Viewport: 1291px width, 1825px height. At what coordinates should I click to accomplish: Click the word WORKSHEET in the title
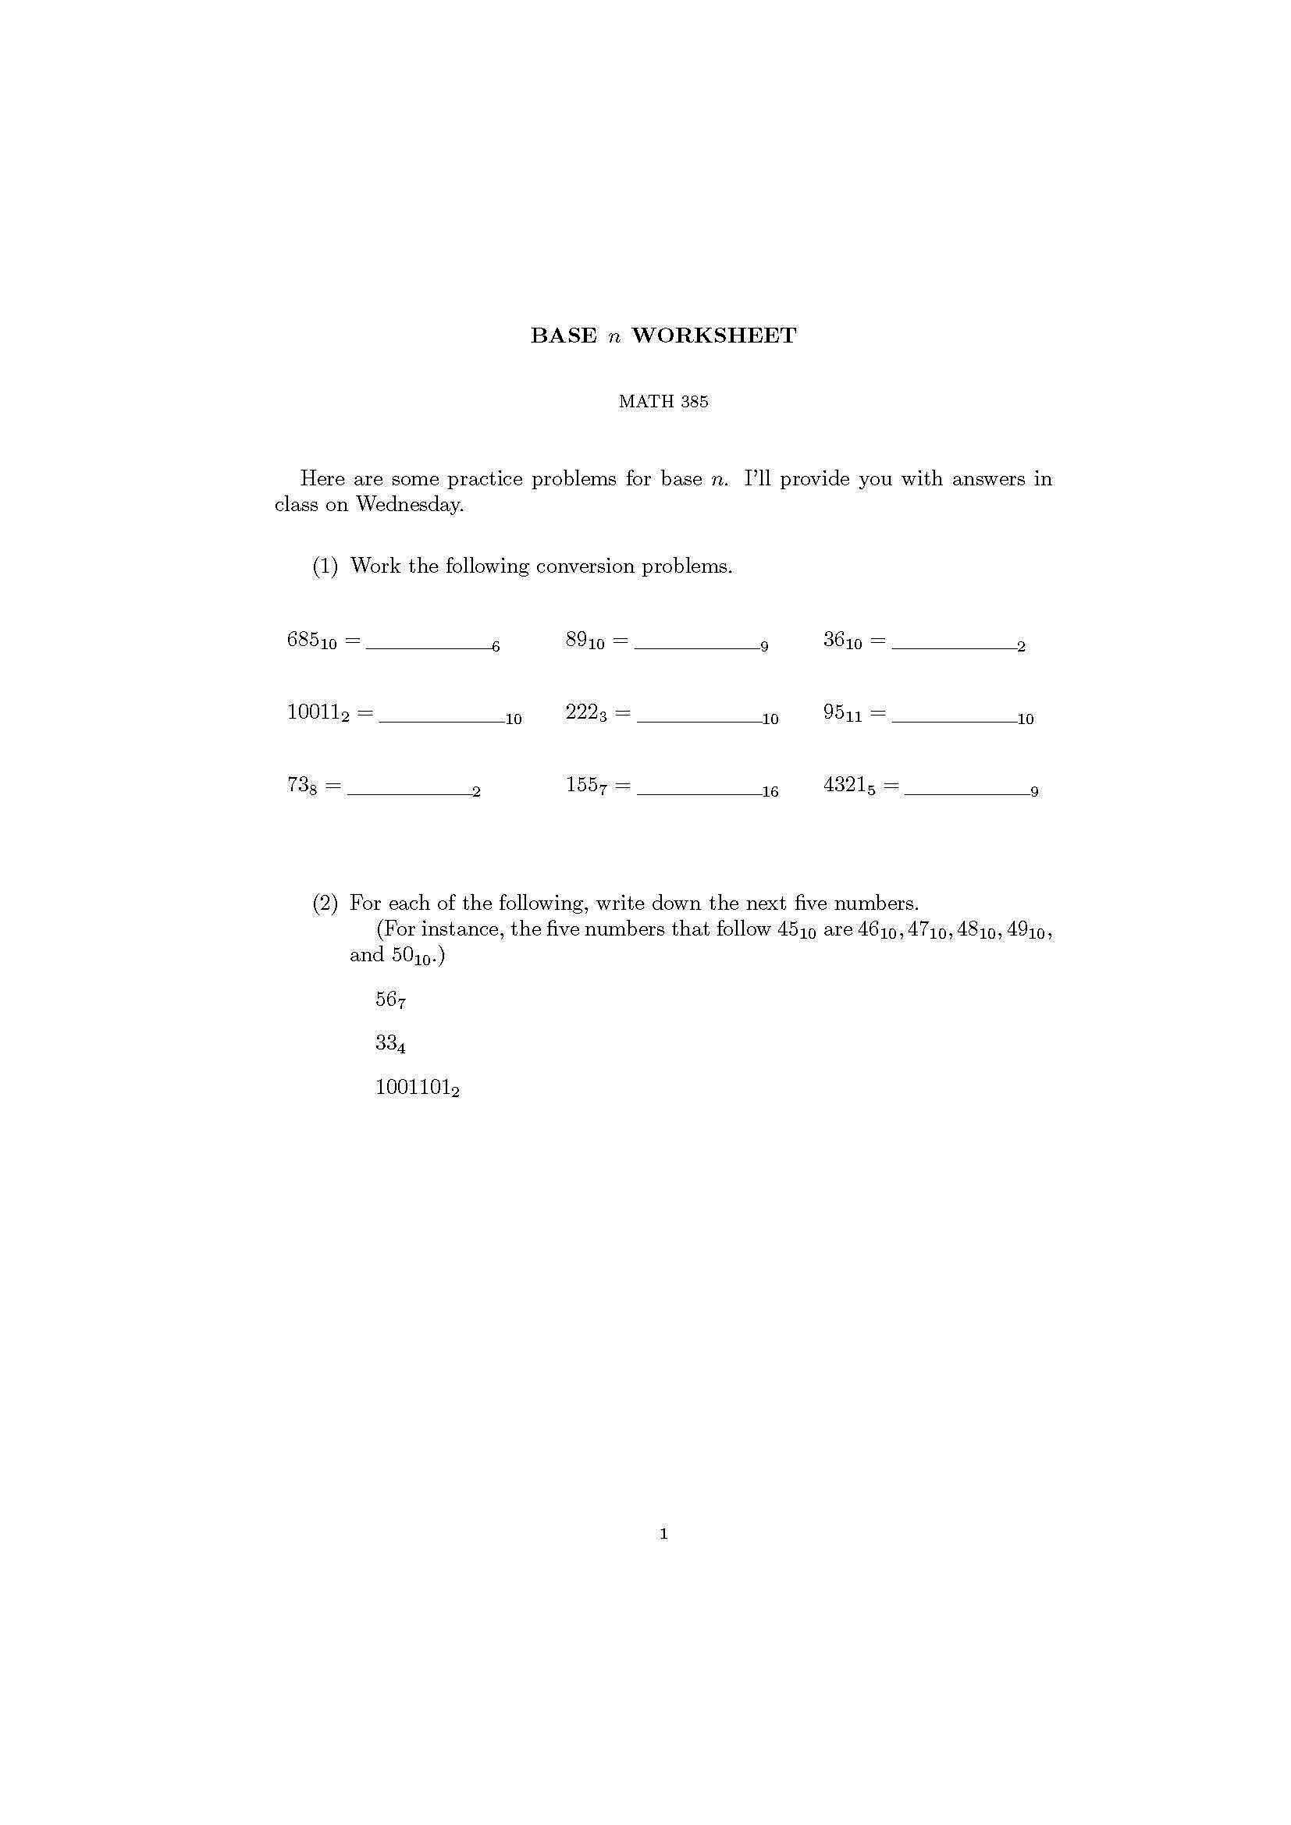tap(713, 336)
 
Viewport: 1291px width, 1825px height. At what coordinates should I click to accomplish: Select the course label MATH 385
tap(663, 401)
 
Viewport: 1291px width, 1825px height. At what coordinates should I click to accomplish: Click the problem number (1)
tap(325, 566)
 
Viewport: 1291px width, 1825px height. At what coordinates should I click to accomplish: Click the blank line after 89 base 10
tap(696, 647)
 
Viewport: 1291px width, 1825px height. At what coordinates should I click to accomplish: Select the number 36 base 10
tap(842, 640)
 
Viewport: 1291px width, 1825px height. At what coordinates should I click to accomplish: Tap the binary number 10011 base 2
tap(318, 712)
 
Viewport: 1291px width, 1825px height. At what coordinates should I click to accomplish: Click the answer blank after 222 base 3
tap(699, 719)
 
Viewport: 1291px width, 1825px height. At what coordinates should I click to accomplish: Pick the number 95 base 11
tap(842, 712)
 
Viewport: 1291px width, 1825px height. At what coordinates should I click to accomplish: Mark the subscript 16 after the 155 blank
tap(770, 792)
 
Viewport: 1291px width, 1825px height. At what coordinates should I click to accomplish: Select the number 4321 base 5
tap(849, 786)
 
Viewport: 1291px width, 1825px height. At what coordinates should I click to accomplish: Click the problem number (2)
tap(325, 903)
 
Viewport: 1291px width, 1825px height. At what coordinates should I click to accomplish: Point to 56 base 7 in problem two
tap(390, 1000)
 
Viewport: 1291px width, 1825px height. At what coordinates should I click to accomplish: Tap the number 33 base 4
tap(390, 1044)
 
